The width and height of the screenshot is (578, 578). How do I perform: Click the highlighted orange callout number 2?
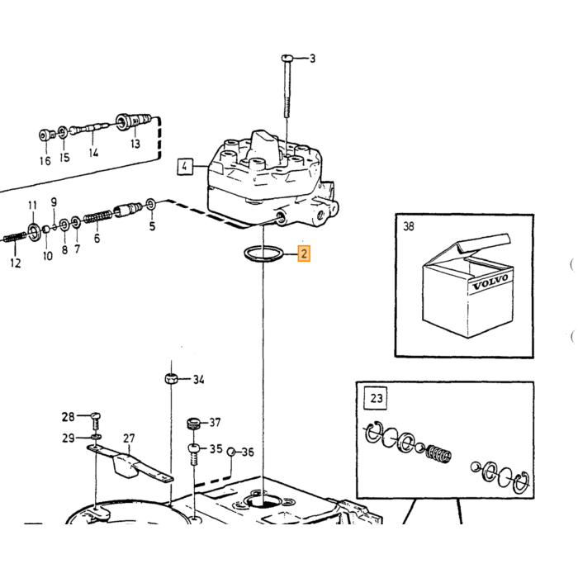click(x=304, y=253)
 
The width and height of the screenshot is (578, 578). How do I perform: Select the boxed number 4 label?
click(x=185, y=166)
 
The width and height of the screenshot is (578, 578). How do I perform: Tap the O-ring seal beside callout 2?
click(x=263, y=254)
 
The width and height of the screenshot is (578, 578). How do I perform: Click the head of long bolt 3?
click(x=287, y=59)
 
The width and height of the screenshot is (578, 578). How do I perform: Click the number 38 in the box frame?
click(x=409, y=226)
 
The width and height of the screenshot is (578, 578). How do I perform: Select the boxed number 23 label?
click(x=376, y=398)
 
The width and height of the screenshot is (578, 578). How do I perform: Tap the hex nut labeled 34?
click(x=171, y=378)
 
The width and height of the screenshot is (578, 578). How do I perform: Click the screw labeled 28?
click(x=96, y=420)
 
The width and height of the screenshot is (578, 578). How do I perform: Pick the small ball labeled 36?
click(x=231, y=452)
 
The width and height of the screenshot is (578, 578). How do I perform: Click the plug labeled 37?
click(x=194, y=424)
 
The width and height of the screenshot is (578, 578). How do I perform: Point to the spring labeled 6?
click(x=97, y=216)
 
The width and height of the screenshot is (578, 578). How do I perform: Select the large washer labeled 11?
click(x=32, y=230)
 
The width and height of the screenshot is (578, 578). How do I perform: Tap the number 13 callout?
click(x=135, y=143)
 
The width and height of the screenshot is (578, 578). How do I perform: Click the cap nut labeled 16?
click(x=45, y=135)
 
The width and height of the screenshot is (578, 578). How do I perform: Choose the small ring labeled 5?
click(x=151, y=204)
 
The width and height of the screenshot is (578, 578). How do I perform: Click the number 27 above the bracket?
click(x=129, y=438)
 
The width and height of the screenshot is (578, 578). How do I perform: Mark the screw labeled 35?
click(x=194, y=454)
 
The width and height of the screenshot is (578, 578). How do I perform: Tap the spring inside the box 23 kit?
click(x=438, y=453)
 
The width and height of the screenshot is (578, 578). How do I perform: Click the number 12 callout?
click(x=16, y=263)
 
